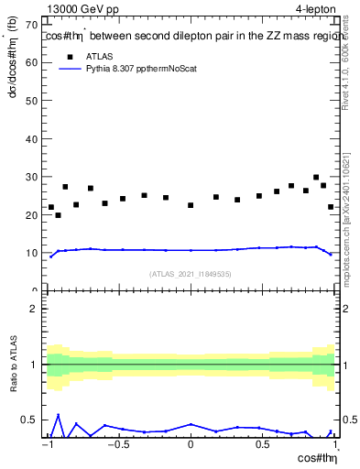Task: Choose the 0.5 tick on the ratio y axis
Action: (x=31, y=420)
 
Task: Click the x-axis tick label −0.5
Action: (x=117, y=445)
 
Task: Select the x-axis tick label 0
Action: (x=191, y=445)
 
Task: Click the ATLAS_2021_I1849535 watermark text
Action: (x=191, y=273)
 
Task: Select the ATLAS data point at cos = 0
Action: (x=191, y=205)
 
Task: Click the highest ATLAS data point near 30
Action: (x=316, y=178)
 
